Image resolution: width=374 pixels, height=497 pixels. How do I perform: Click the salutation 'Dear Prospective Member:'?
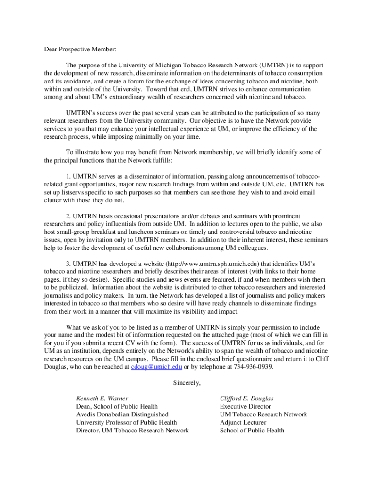[x=78, y=50]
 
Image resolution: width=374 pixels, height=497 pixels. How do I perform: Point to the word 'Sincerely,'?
[x=187, y=383]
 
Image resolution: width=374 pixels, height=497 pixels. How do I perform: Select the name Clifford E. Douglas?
[x=247, y=398]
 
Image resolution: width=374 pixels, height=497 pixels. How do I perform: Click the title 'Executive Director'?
[x=245, y=406]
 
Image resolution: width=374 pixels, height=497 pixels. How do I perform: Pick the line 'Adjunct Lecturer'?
[x=243, y=422]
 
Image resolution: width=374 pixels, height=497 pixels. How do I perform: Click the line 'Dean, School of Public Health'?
[x=117, y=406]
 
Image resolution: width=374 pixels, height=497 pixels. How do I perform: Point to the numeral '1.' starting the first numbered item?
[x=69, y=176]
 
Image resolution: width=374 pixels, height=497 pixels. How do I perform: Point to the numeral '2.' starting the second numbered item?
[x=69, y=216]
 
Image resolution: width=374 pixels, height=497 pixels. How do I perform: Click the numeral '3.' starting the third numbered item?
[x=69, y=264]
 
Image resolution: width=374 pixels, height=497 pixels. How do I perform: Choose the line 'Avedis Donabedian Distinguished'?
[x=122, y=414]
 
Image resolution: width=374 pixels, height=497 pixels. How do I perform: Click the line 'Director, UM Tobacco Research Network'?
[x=132, y=430]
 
